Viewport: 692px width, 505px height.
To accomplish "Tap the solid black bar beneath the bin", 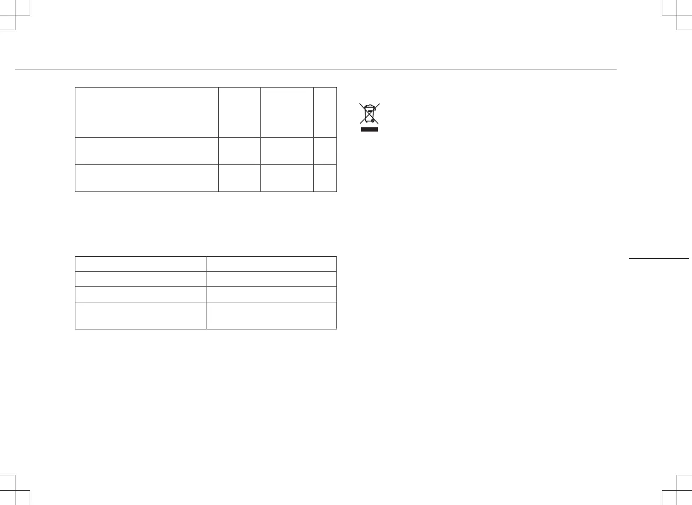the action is [x=369, y=129].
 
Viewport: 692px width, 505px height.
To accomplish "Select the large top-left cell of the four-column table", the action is [x=146, y=112].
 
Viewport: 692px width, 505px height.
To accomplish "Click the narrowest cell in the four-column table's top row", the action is [x=325, y=112].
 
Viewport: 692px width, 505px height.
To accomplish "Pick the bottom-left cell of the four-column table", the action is [x=146, y=178].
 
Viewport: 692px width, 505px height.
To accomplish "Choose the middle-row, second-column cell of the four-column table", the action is [x=239, y=151].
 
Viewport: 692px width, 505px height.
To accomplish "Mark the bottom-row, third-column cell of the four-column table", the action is [x=287, y=178].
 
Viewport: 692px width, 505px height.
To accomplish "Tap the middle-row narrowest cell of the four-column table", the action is [x=325, y=151].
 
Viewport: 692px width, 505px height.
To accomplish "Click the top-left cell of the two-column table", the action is [x=141, y=264].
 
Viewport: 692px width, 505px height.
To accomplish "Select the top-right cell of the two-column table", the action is [x=271, y=264].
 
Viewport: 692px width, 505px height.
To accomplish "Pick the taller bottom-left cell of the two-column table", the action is [x=141, y=315].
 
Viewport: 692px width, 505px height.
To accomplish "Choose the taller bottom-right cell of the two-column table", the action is [x=271, y=315].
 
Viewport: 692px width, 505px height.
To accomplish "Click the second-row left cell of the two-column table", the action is [x=141, y=279].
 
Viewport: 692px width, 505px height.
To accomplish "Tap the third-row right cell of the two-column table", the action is [x=271, y=294].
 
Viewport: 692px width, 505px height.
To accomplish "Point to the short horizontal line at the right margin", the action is [x=658, y=259].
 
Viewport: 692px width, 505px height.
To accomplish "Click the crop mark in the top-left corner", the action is [x=15, y=15].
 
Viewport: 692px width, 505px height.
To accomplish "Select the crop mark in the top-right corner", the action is [x=677, y=15].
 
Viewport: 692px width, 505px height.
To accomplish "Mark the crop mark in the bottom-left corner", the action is [x=15, y=490].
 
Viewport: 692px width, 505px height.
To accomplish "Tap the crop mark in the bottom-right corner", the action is [x=677, y=490].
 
